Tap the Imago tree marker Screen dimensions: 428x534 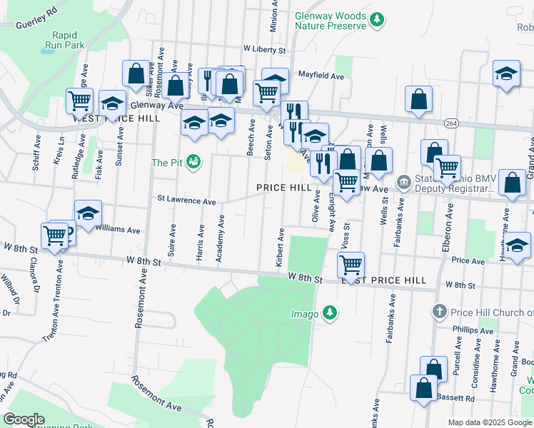[x=329, y=312]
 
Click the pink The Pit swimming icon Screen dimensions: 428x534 [x=193, y=163]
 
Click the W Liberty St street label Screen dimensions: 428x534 [x=263, y=50]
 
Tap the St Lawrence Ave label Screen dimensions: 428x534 [x=186, y=202]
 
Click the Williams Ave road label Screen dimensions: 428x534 [x=118, y=230]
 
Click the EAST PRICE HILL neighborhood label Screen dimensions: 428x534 [x=383, y=281]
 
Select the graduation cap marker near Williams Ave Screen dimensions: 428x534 [x=88, y=213]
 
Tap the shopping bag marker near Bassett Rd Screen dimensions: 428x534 [x=424, y=389]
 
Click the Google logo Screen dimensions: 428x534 [x=24, y=419]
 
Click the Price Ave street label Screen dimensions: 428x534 [x=468, y=261]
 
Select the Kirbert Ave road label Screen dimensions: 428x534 [x=281, y=248]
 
